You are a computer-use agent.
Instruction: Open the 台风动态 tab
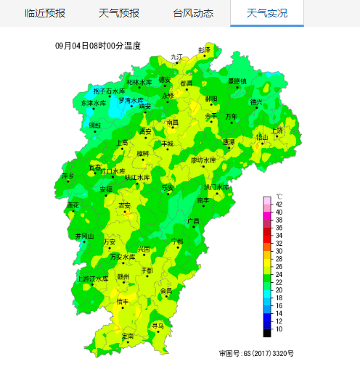coord(193,13)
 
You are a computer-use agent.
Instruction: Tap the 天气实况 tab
coord(267,13)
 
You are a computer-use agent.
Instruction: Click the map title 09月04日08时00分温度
coord(98,46)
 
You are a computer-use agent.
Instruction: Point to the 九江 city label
coord(177,57)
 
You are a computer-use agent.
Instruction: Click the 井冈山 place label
coord(85,236)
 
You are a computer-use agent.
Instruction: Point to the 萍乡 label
coord(68,176)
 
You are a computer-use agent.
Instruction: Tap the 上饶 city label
coord(277,130)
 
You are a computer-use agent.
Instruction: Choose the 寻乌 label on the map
coord(157,326)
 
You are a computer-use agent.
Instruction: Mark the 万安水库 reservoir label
coord(123,257)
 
